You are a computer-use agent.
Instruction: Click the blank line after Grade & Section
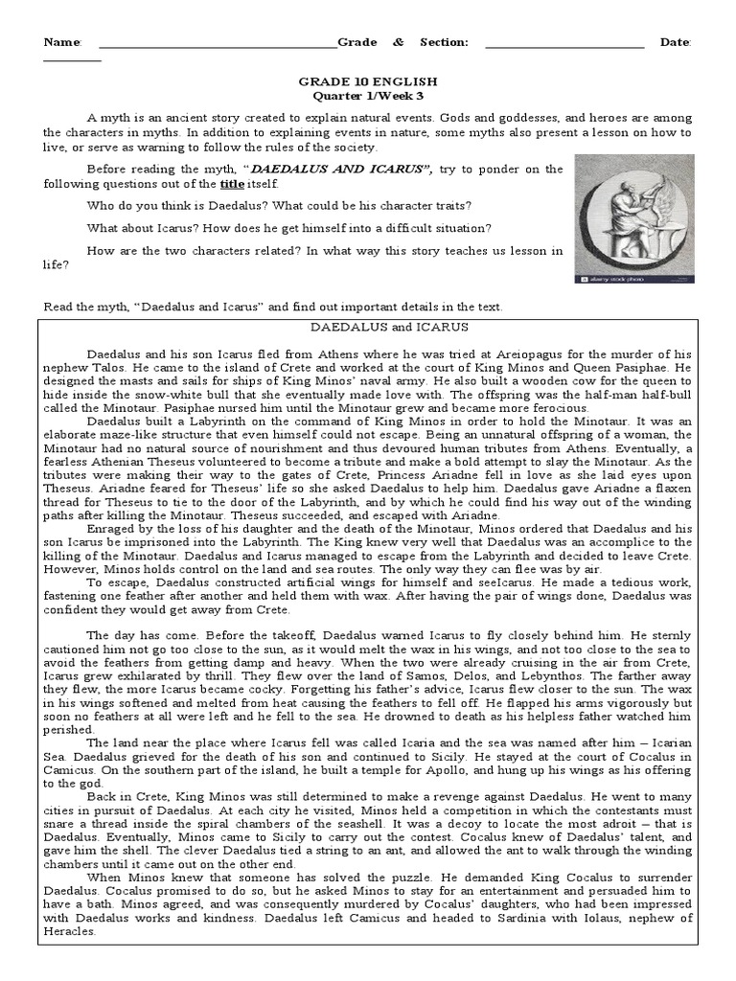pyautogui.click(x=564, y=44)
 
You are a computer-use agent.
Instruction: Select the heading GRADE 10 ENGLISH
pyautogui.click(x=368, y=83)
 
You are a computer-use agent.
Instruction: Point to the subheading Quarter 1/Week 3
pyautogui.click(x=368, y=98)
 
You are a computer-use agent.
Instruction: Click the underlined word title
pyautogui.click(x=233, y=184)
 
